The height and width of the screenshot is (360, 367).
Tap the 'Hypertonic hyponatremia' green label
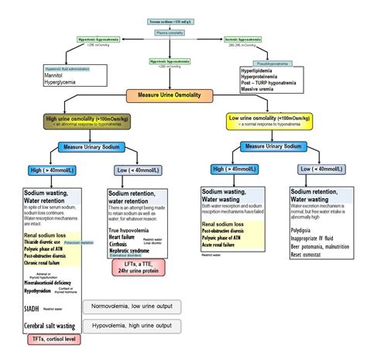(x=98, y=38)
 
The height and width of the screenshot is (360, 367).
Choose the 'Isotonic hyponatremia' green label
(x=269, y=38)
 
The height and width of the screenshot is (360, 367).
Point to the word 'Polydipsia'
(x=305, y=230)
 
